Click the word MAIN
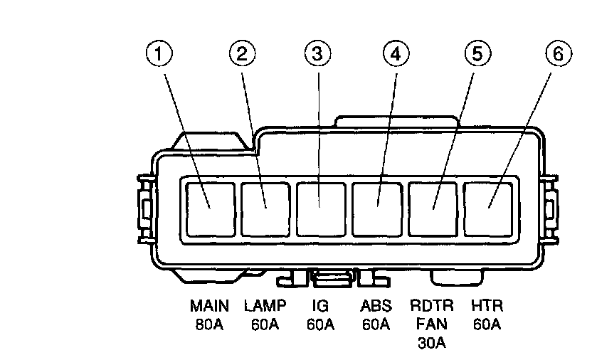tap(209, 307)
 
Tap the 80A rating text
tap(209, 325)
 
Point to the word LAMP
tap(265, 307)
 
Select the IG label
tap(320, 307)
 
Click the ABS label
tap(376, 307)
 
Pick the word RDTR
tap(431, 307)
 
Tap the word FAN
tap(431, 325)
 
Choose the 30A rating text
tap(431, 344)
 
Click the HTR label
tap(487, 307)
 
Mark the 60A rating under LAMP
tap(265, 325)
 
